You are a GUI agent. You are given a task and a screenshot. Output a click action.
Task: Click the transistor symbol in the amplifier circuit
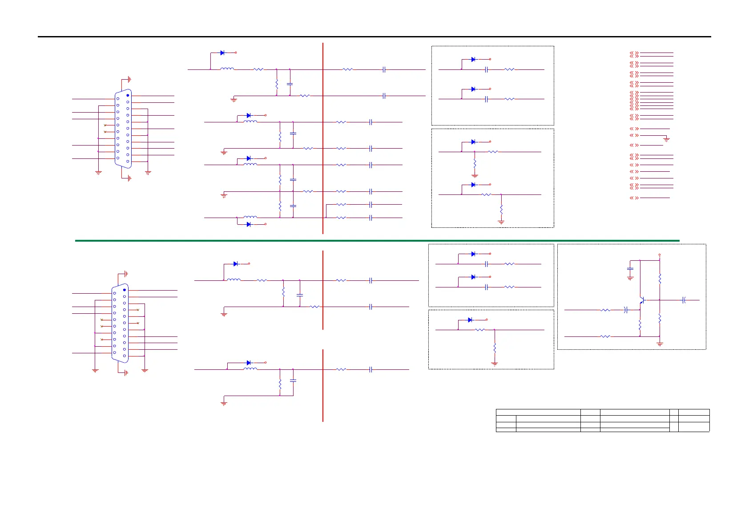tap(642, 300)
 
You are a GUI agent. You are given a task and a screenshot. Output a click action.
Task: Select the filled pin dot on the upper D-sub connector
tap(128, 95)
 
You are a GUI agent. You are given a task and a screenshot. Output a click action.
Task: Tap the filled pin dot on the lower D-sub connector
tap(125, 290)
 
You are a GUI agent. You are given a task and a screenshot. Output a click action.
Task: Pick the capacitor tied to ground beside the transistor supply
tap(630, 269)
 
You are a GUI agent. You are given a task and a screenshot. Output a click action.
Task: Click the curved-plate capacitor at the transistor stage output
tap(684, 300)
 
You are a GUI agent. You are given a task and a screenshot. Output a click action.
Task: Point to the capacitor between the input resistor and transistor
tap(626, 310)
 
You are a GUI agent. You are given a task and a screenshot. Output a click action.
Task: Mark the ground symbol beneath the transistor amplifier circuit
tap(660, 344)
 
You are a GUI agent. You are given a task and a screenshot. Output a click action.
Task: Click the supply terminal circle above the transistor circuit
tap(660, 255)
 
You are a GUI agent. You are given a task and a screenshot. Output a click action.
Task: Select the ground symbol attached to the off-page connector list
tap(666, 139)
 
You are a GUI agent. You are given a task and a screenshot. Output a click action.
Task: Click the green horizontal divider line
tap(377, 240)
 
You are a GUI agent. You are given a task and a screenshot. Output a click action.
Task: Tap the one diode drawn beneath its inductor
tap(249, 224)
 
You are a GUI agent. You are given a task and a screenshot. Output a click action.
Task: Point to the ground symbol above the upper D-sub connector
tap(129, 79)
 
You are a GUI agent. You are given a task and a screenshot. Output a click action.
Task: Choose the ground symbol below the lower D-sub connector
tap(126, 373)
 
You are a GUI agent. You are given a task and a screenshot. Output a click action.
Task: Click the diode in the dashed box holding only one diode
tap(470, 320)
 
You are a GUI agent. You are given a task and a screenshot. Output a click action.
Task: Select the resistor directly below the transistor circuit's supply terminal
tap(660, 279)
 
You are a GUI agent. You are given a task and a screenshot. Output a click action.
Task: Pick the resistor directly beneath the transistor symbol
tap(640, 326)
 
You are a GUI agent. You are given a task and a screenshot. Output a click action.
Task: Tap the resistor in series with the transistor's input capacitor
tap(605, 310)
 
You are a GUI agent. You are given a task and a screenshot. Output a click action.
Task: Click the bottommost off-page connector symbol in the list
tap(634, 198)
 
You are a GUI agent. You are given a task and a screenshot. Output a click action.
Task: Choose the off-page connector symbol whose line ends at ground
tap(634, 135)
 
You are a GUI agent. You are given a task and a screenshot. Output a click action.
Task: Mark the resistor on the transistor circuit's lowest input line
tap(605, 336)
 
